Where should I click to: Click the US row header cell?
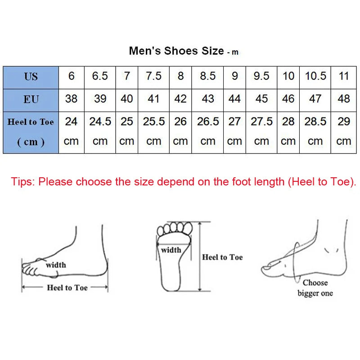tap(31, 77)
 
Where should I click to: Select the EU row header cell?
tap(31, 99)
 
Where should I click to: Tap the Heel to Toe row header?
tap(31, 131)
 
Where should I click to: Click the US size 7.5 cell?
tap(153, 76)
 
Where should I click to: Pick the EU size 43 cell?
tap(208, 99)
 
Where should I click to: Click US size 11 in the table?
tap(344, 76)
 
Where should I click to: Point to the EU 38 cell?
tap(71, 99)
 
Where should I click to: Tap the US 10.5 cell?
tap(315, 76)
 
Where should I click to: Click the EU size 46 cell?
tap(288, 99)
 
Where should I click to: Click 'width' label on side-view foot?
tap(56, 265)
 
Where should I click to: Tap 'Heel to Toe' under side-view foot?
tap(67, 288)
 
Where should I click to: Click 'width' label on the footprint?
tap(171, 250)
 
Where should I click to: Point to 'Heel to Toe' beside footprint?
tap(222, 257)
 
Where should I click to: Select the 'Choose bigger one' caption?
tap(315, 288)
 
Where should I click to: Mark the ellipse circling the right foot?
tap(296, 263)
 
